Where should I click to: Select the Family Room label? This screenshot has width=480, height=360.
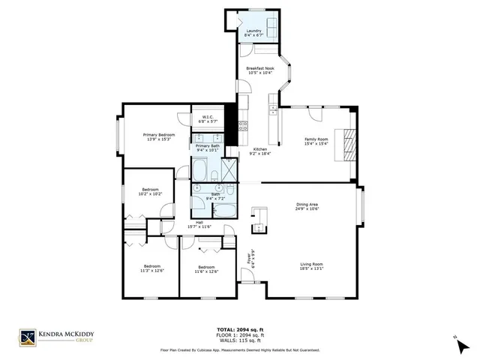pyautogui.click(x=316, y=139)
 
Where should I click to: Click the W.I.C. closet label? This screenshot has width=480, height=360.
pyautogui.click(x=208, y=118)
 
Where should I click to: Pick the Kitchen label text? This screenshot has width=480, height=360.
pyautogui.click(x=260, y=149)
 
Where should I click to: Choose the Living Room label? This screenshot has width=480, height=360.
pyautogui.click(x=312, y=264)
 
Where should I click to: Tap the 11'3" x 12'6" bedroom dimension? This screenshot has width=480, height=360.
pyautogui.click(x=153, y=270)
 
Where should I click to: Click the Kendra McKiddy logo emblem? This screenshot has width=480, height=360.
pyautogui.click(x=28, y=339)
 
